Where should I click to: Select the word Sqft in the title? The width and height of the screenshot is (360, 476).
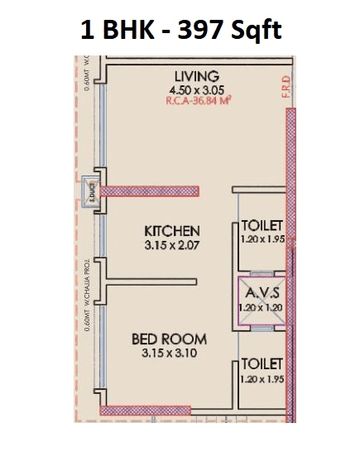point(253,31)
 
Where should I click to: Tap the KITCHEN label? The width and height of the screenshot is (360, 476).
point(172,230)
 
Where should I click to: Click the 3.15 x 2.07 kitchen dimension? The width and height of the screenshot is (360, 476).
point(172,244)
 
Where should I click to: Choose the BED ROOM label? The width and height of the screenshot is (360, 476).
point(169,339)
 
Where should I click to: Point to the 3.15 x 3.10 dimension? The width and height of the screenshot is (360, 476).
point(169,354)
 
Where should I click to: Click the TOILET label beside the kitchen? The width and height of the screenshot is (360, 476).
point(262,225)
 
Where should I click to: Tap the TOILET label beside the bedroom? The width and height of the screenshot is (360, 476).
point(262,363)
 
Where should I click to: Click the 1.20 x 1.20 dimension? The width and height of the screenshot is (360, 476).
point(262,307)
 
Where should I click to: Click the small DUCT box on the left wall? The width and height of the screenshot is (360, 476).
point(85,192)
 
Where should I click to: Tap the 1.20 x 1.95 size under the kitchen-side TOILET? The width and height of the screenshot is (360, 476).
point(262,239)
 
